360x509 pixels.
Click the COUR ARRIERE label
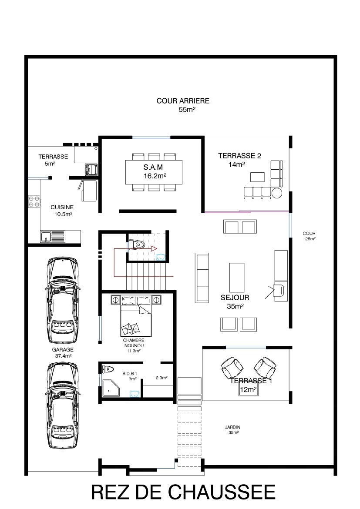pos(183,101)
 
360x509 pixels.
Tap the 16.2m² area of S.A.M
pos(155,176)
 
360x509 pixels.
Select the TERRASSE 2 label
pos(239,156)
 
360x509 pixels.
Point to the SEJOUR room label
pos(235,297)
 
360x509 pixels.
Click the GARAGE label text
pos(63,350)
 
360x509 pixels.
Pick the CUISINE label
pos(62,207)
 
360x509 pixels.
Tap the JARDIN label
pos(232,427)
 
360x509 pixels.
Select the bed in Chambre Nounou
pos(136,316)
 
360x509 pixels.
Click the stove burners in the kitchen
pos(34,201)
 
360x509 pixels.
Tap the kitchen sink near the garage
pos(53,236)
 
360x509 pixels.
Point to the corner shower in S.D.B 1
pos(111,388)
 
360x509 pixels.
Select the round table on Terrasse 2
pos(277,193)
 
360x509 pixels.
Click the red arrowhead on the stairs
pos(154,249)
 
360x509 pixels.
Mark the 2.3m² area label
pos(161,378)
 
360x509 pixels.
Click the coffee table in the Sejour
pos(236,278)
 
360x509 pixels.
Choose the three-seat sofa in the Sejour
pos(202,278)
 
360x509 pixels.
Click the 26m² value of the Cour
pos(310,238)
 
